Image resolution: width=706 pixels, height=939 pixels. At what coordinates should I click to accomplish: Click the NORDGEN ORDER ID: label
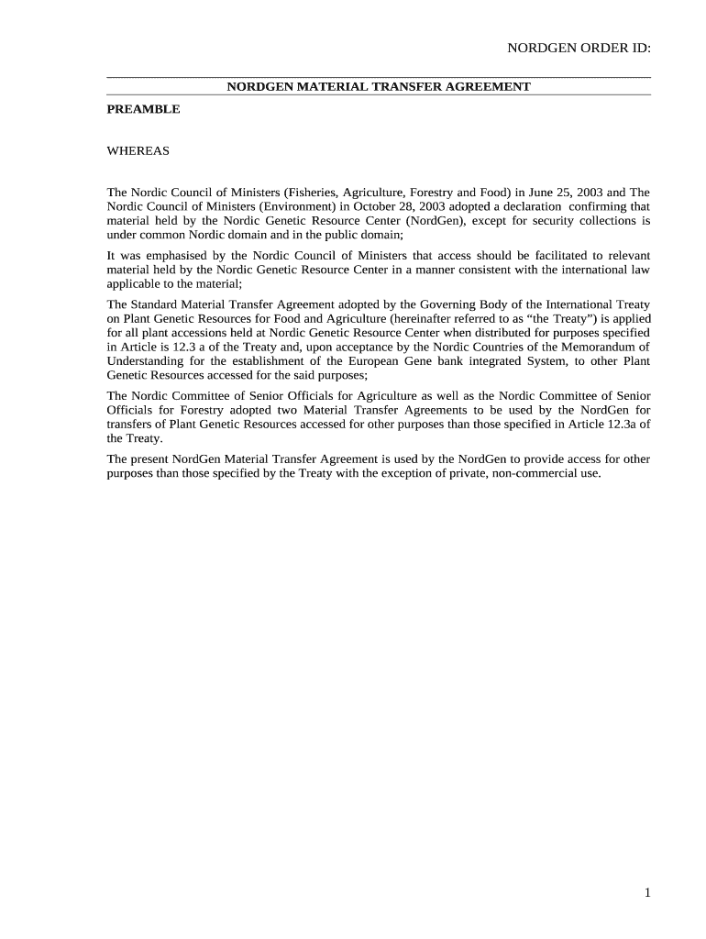click(579, 49)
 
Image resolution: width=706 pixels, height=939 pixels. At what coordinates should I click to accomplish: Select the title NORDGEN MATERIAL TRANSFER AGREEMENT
click(379, 86)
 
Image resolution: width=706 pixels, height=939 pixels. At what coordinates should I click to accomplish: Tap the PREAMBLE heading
click(143, 109)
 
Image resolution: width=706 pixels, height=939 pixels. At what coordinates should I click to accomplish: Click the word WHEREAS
click(138, 150)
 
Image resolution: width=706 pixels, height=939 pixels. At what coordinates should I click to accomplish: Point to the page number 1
click(646, 893)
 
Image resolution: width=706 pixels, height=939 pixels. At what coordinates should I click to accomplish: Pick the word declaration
click(526, 206)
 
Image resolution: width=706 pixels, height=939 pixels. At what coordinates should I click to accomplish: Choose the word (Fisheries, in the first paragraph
click(313, 193)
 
